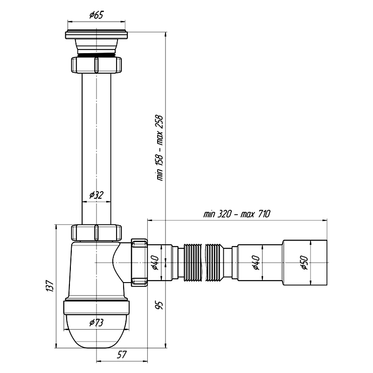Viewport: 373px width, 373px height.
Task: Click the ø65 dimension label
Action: [97, 15]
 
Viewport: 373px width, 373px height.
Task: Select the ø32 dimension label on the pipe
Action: [97, 195]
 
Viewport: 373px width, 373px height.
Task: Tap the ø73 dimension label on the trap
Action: [97, 323]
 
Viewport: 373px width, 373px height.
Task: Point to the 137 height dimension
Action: [49, 286]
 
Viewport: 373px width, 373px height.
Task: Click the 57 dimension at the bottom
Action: [122, 355]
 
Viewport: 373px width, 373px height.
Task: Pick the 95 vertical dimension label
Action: [159, 305]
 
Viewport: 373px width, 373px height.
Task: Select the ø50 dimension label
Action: [304, 262]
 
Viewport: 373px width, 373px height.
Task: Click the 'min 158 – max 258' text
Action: [159, 148]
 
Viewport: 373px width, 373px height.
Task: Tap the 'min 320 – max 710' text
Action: [237, 214]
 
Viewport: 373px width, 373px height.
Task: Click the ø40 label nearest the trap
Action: [155, 262]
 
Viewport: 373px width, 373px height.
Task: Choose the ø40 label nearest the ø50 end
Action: [256, 262]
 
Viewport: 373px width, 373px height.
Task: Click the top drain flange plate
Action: [96, 35]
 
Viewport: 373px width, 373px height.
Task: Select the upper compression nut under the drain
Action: [97, 64]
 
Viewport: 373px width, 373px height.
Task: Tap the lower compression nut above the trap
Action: [97, 233]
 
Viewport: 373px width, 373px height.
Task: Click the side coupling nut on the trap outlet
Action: [139, 262]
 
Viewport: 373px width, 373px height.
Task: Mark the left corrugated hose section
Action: [193, 262]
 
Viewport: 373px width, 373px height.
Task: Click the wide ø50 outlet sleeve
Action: [304, 262]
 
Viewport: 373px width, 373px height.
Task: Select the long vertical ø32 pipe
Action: [97, 149]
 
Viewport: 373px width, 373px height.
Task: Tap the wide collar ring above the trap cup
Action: [97, 308]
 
